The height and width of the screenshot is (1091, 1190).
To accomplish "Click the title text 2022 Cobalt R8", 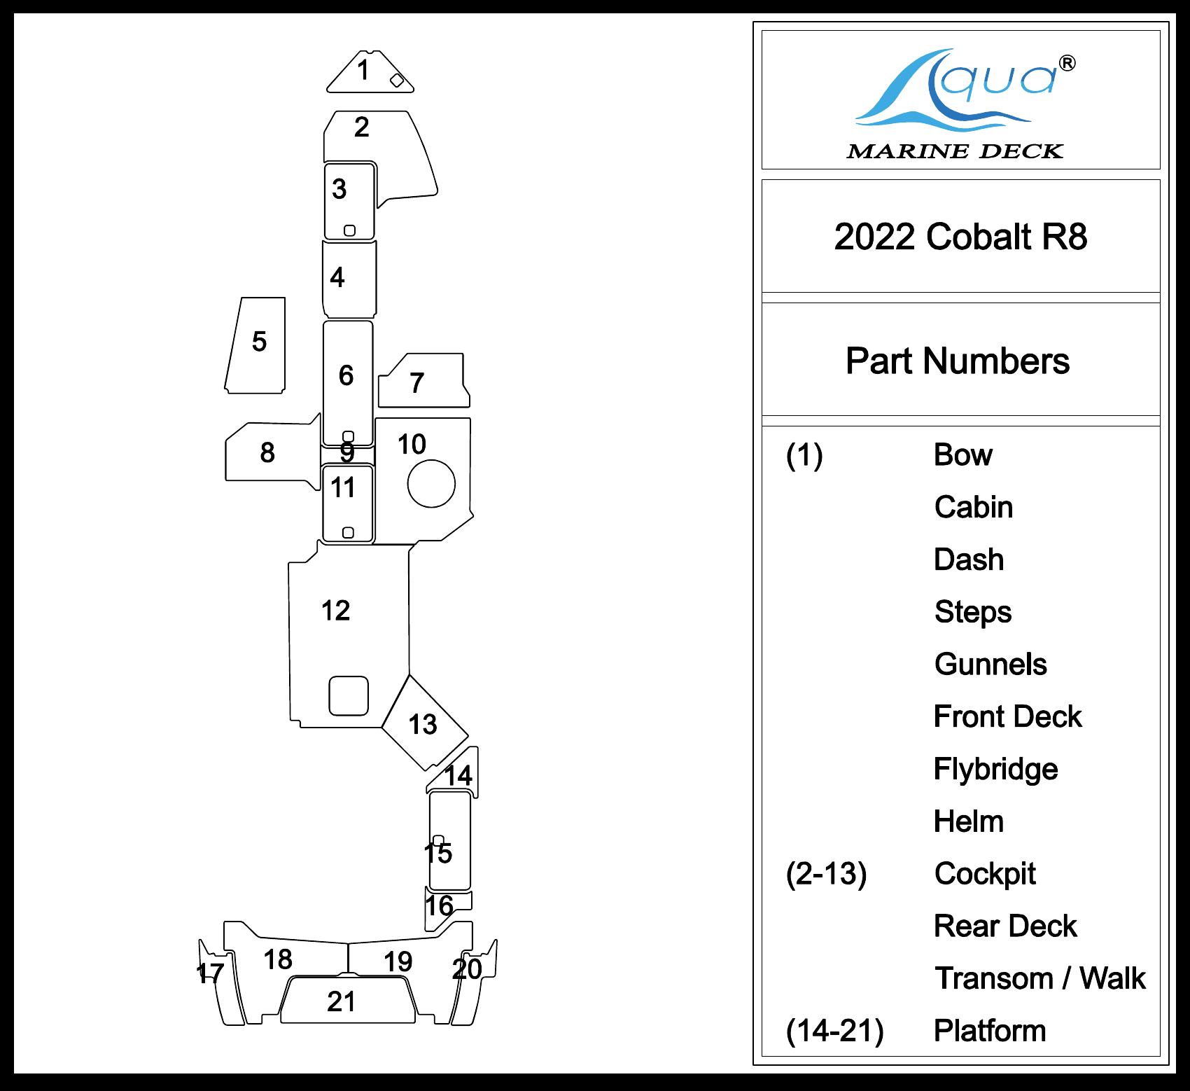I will tap(960, 237).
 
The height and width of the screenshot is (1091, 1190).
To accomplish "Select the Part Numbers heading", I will tap(957, 361).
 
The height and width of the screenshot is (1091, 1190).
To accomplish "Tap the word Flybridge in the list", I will tap(995, 769).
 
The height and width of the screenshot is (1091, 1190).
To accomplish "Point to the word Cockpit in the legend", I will tap(985, 873).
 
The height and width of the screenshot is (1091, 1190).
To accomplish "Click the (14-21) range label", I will tap(834, 1031).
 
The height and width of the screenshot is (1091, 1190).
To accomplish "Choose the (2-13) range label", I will tap(826, 873).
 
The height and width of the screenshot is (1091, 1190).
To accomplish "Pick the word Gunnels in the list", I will tap(990, 664).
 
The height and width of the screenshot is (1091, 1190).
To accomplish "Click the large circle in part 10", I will tap(431, 483).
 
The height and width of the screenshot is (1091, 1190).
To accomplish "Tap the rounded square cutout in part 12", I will tap(349, 695).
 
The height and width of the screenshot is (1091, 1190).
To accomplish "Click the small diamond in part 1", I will tap(396, 80).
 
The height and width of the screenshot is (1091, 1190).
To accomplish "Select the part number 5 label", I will tap(259, 342).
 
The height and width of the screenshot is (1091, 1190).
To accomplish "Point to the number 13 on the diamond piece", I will tap(423, 724).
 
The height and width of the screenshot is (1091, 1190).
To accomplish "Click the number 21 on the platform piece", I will tap(342, 1002).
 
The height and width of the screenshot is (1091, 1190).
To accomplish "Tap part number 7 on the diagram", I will tap(416, 383).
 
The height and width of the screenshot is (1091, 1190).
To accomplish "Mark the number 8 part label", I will tap(267, 453).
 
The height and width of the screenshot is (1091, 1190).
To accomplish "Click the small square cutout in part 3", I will tap(349, 230).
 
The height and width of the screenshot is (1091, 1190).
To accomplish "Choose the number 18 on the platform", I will tap(278, 959).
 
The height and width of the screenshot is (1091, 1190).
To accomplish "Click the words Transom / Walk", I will tap(1040, 978).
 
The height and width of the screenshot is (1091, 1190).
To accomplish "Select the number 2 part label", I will tap(361, 127).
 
